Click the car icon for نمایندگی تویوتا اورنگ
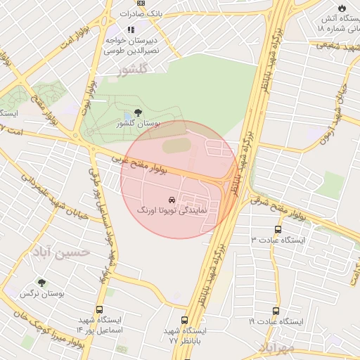click(x=173, y=200)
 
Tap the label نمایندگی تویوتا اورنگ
click(x=174, y=210)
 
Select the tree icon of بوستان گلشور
click(x=137, y=112)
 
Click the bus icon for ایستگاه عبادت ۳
click(x=278, y=229)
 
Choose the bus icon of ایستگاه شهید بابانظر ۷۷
click(x=184, y=320)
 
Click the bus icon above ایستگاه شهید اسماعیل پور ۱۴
click(x=98, y=309)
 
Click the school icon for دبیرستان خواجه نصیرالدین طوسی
click(x=130, y=30)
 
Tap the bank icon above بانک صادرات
click(x=141, y=3)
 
